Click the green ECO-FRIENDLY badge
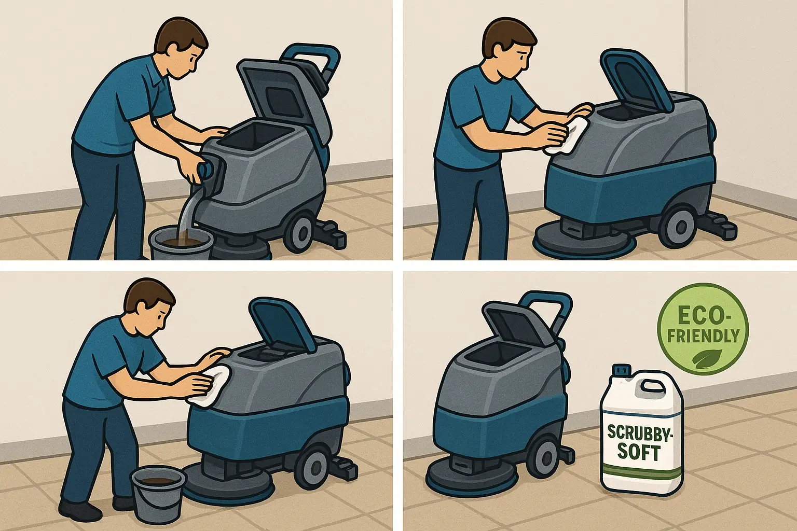[703, 329]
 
